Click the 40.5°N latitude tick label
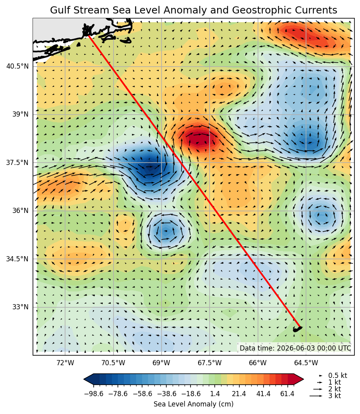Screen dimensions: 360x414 pyautogui.click(x=17, y=66)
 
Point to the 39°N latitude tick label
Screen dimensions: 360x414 pyautogui.click(x=20, y=114)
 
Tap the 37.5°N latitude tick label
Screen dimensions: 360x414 pyautogui.click(x=17, y=162)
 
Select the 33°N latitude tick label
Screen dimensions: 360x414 pyautogui.click(x=20, y=307)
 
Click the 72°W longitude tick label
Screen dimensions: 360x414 pyautogui.click(x=65, y=363)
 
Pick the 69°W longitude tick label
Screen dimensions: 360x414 pyautogui.click(x=162, y=363)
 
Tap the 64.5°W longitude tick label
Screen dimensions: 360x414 pyautogui.click(x=306, y=363)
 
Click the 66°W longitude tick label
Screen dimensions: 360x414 pyautogui.click(x=258, y=363)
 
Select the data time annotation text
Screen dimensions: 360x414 pyautogui.click(x=295, y=348)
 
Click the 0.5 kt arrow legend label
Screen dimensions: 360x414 pyautogui.click(x=337, y=376)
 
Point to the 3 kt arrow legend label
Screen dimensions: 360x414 pyautogui.click(x=335, y=396)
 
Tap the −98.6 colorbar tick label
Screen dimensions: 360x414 pyautogui.click(x=94, y=394)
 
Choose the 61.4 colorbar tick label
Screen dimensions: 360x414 pyautogui.click(x=287, y=394)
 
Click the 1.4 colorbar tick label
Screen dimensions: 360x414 pyautogui.click(x=215, y=394)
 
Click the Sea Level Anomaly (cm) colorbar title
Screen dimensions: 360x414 pyautogui.click(x=193, y=404)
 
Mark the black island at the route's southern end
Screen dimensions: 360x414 pyautogui.click(x=298, y=329)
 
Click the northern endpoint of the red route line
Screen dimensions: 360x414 pyautogui.click(x=89, y=36)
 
